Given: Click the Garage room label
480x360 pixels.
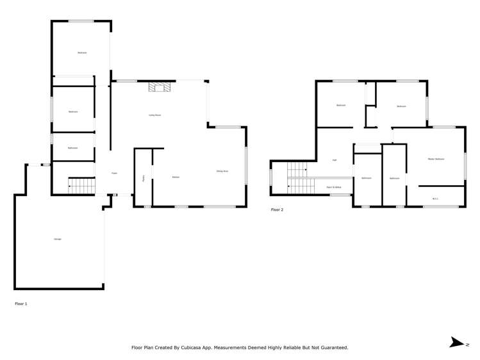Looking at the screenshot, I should pyautogui.click(x=58, y=239).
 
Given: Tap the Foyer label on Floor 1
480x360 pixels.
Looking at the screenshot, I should pyautogui.click(x=115, y=173).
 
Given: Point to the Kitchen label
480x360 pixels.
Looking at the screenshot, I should pyautogui.click(x=176, y=177).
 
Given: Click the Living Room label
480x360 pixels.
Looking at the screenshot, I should pyautogui.click(x=154, y=115).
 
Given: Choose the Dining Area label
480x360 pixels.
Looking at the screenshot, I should pyautogui.click(x=222, y=171).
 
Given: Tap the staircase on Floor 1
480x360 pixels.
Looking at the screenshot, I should pyautogui.click(x=81, y=186).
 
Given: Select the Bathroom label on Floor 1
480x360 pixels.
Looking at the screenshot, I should pyautogui.click(x=73, y=148).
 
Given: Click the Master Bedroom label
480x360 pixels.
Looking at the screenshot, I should pyautogui.click(x=436, y=159).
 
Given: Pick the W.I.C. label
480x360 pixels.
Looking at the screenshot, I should pyautogui.click(x=435, y=198).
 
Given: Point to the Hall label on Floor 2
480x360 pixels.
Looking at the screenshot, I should pyautogui.click(x=335, y=160).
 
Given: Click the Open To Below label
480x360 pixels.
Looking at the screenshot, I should pyautogui.click(x=333, y=188).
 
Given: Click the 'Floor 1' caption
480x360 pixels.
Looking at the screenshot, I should pyautogui.click(x=21, y=304).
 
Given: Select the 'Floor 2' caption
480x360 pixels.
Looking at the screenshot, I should pyautogui.click(x=277, y=209).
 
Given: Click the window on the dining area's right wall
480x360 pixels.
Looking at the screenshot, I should pyautogui.click(x=246, y=165).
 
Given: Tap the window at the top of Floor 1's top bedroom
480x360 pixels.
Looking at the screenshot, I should pyautogui.click(x=81, y=21).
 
